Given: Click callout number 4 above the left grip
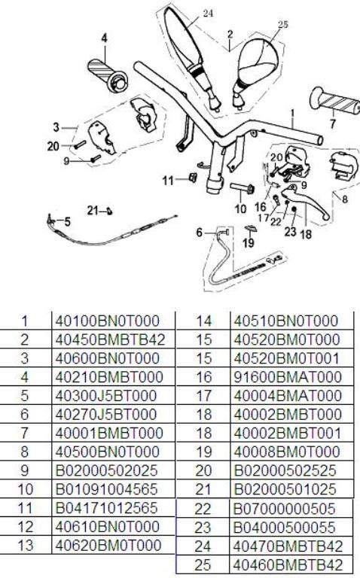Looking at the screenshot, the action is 105,38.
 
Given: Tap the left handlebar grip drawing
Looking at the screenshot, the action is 108,75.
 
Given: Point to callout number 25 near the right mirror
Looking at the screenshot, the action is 283,24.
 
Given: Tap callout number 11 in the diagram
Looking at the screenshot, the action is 167,181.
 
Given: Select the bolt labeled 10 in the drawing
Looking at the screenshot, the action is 242,187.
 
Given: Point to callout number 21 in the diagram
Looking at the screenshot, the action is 93,211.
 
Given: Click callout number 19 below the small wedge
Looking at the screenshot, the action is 249,242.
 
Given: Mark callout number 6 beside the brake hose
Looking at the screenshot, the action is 199,233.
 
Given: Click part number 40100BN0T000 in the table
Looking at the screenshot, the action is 108,321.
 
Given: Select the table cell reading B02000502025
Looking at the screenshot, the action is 107,470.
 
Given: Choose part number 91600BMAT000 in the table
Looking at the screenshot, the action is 288,377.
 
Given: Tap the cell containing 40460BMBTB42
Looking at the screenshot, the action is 288,564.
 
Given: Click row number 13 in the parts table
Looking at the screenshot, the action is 25,545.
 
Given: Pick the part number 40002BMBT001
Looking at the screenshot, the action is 288,433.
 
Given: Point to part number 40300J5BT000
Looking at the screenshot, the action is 106,396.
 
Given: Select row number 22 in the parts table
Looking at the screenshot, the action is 203,509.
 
